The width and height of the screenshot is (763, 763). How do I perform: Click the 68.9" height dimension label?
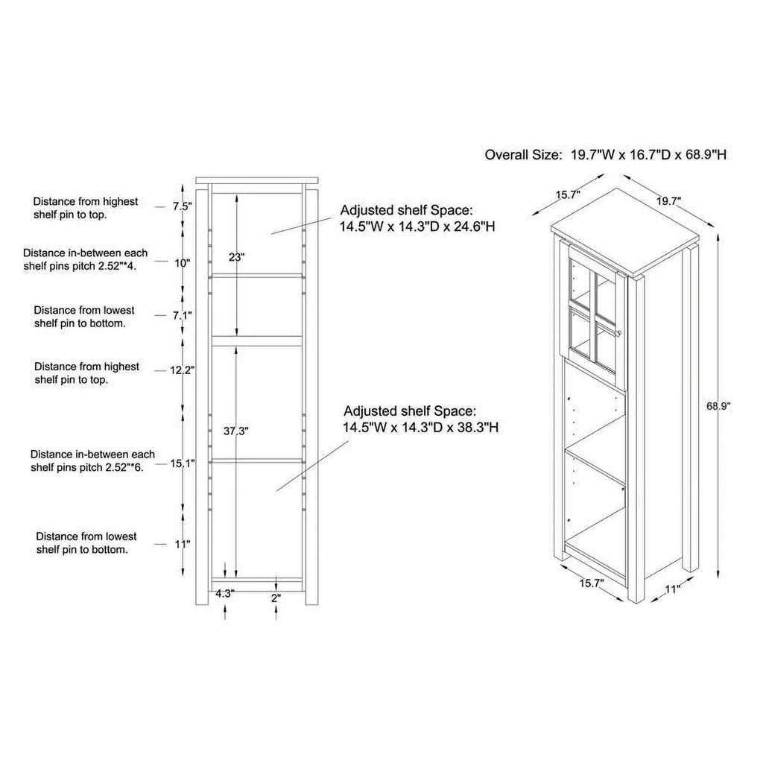[x=719, y=406]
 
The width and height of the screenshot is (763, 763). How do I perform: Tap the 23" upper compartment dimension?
[x=236, y=257]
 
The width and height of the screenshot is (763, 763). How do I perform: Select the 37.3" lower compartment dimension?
[x=236, y=431]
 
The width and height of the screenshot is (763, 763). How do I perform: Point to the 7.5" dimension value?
[x=183, y=206]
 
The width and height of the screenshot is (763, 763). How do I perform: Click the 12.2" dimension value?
[x=182, y=370]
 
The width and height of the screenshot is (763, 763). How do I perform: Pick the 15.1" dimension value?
[x=183, y=463]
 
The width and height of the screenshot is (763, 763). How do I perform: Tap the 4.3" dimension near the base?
[x=225, y=593]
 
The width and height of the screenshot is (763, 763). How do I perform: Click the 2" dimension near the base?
[x=276, y=598]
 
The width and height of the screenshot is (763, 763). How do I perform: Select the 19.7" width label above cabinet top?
[x=668, y=201]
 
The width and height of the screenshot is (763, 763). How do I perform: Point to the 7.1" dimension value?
[x=183, y=315]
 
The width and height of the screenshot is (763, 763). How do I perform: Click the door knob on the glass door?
[x=619, y=333]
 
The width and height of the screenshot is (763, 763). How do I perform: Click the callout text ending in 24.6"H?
[x=417, y=218]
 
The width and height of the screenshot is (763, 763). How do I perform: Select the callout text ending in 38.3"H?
[x=420, y=419]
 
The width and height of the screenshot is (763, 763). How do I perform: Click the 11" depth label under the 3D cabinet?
[x=672, y=589]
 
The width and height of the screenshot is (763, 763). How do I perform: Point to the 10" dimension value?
[x=183, y=263]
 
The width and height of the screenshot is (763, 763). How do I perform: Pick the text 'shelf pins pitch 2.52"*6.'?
[x=87, y=468]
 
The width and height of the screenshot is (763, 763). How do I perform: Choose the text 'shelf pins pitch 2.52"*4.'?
[x=80, y=266]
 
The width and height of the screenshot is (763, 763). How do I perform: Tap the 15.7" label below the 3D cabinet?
[x=591, y=583]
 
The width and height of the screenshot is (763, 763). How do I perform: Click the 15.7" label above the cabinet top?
[x=568, y=195]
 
